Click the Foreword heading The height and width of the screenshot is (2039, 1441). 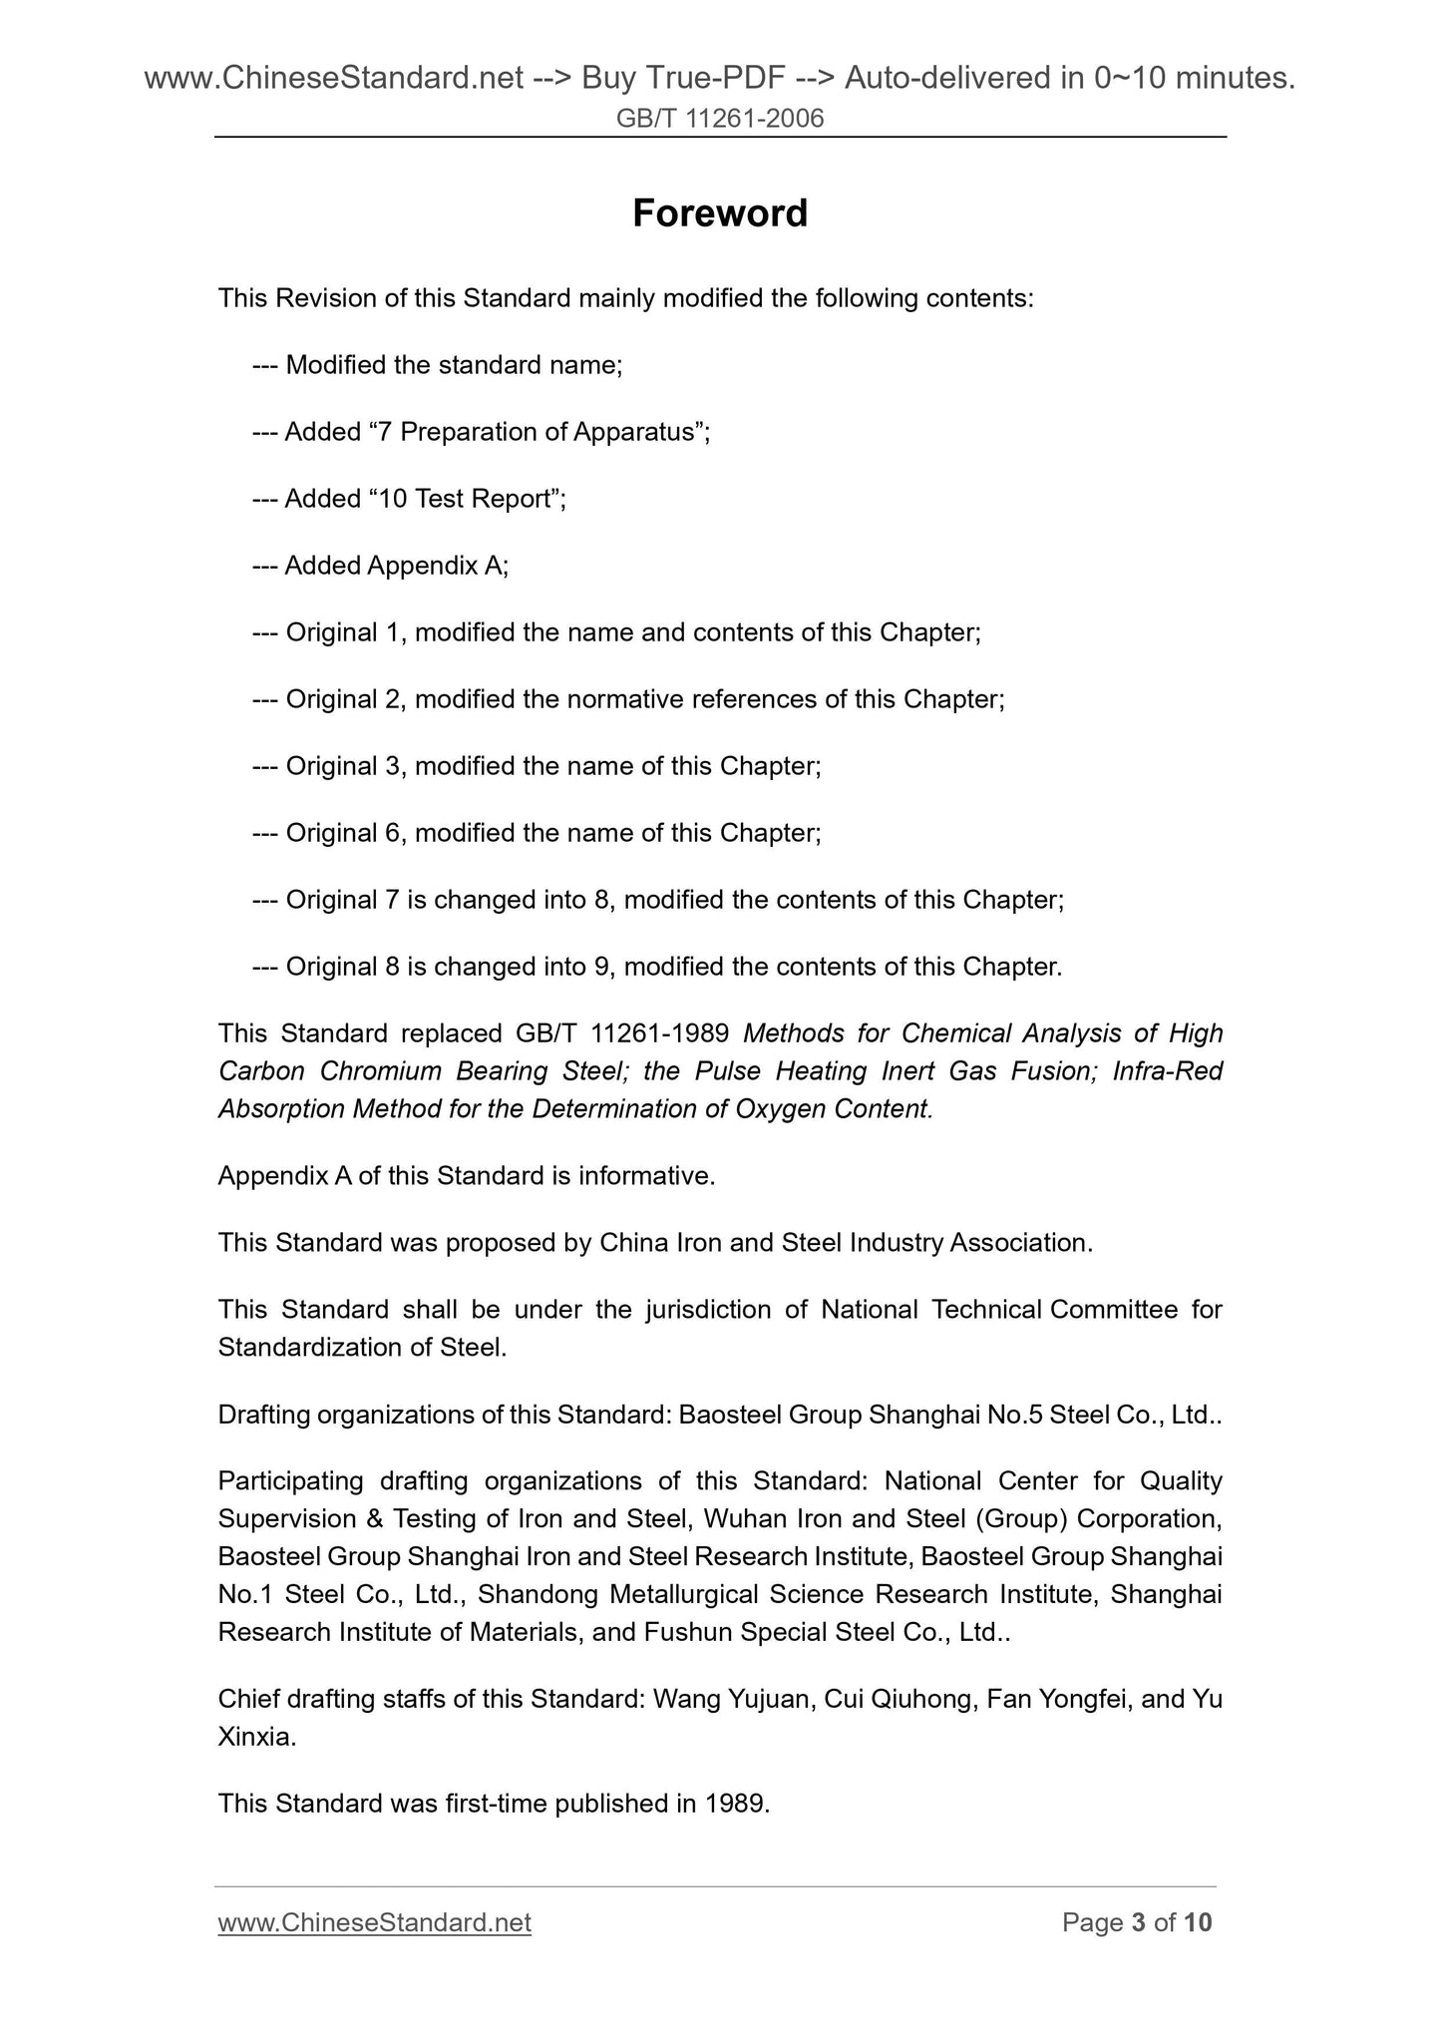(720, 213)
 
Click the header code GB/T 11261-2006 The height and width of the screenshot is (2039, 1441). (720, 120)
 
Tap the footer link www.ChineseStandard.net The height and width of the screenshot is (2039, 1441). (374, 1922)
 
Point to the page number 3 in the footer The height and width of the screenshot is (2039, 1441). (1138, 1922)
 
